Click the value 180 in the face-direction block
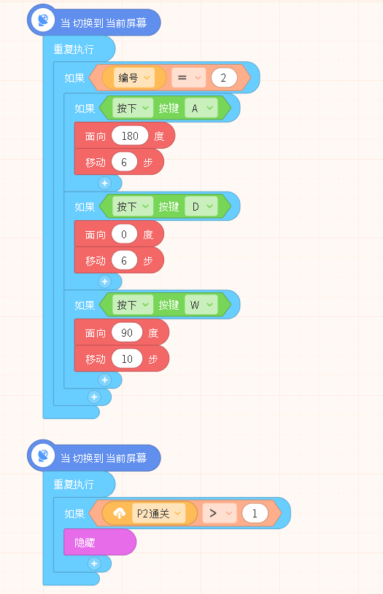pyautogui.click(x=130, y=136)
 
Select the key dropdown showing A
pyautogui.click(x=201, y=109)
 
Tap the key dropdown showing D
pyautogui.click(x=201, y=206)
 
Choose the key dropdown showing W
pyautogui.click(x=201, y=305)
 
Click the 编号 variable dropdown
pyautogui.click(x=134, y=78)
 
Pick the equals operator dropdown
pyautogui.click(x=188, y=78)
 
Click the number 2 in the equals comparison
pyautogui.click(x=224, y=78)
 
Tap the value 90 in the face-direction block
pyautogui.click(x=127, y=332)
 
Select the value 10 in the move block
pyautogui.click(x=127, y=359)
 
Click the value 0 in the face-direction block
pyautogui.click(x=124, y=234)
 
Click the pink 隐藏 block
pyautogui.click(x=100, y=542)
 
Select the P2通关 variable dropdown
pyautogui.click(x=158, y=513)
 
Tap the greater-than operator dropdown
pyautogui.click(x=220, y=513)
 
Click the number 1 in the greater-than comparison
pyautogui.click(x=255, y=513)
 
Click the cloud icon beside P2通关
pyautogui.click(x=120, y=514)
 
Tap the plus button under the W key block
pyautogui.click(x=104, y=380)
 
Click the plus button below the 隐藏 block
pyautogui.click(x=94, y=563)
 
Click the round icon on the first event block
pyautogui.click(x=43, y=20)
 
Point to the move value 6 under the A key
pyautogui.click(x=124, y=162)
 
